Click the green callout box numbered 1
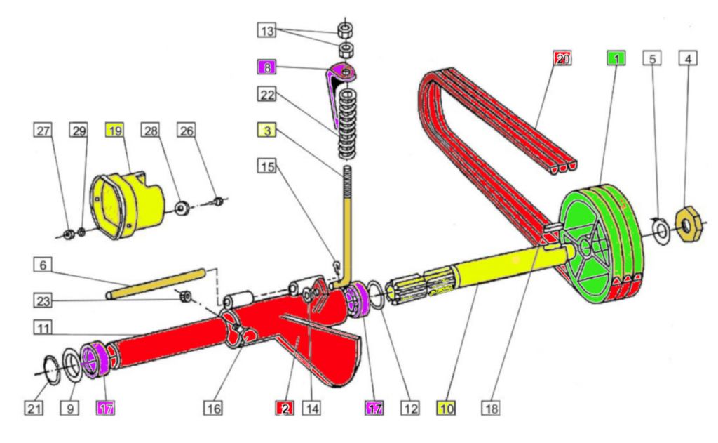click(x=616, y=58)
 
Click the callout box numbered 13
click(x=267, y=31)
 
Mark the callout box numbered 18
click(x=490, y=406)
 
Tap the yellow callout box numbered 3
click(x=267, y=131)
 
